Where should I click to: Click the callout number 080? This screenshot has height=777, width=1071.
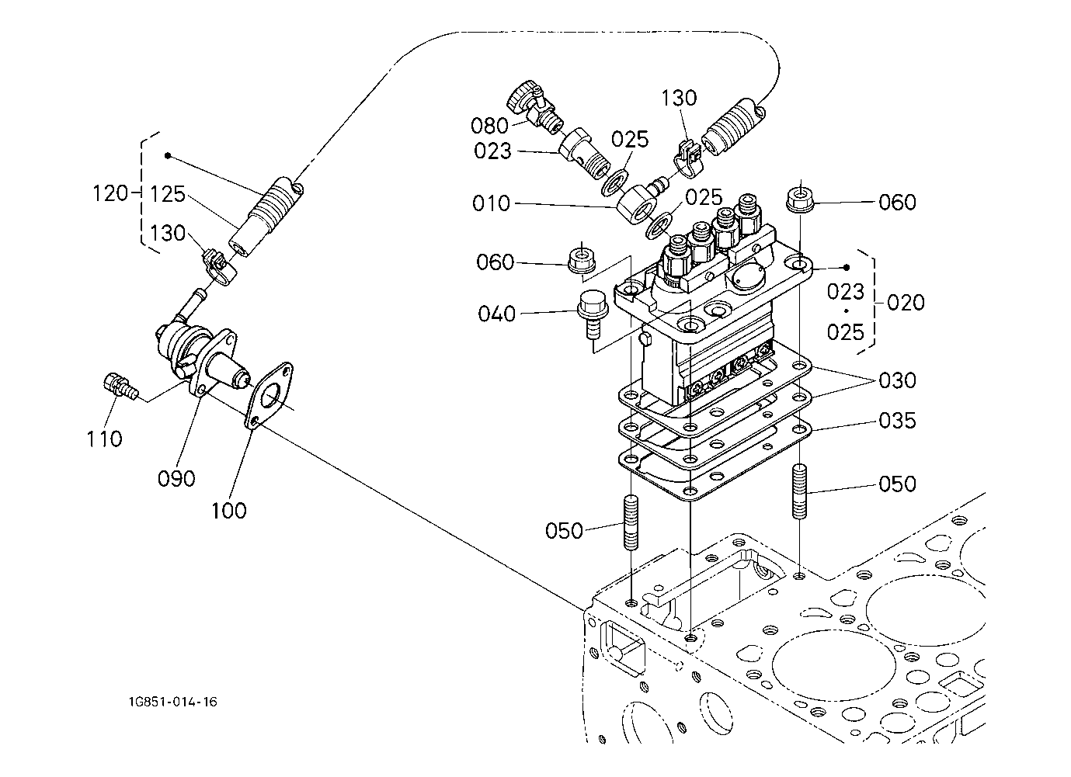click(489, 126)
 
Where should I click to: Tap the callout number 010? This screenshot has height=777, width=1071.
click(491, 204)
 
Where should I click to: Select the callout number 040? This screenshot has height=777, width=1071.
click(497, 314)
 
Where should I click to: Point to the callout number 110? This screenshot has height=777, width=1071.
click(104, 439)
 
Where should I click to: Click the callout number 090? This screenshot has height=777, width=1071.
click(176, 478)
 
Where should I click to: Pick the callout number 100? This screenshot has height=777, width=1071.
click(228, 510)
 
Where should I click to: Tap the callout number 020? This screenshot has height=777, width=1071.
click(906, 302)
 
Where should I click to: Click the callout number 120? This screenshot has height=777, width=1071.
click(110, 193)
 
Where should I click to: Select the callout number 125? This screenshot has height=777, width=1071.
click(168, 194)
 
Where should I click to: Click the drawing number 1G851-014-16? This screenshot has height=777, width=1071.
click(173, 702)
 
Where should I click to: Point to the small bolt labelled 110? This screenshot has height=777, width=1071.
click(118, 385)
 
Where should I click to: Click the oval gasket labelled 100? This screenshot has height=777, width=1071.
click(269, 395)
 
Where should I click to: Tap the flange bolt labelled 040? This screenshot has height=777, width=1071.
click(591, 312)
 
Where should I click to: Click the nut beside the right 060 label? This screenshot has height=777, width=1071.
click(798, 199)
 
